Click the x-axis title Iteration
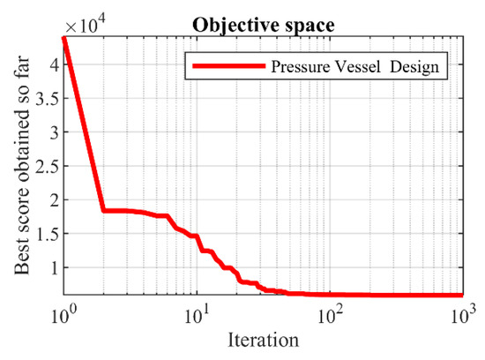(264, 338)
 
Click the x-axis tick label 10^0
(65, 313)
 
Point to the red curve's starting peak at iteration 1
(63, 38)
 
